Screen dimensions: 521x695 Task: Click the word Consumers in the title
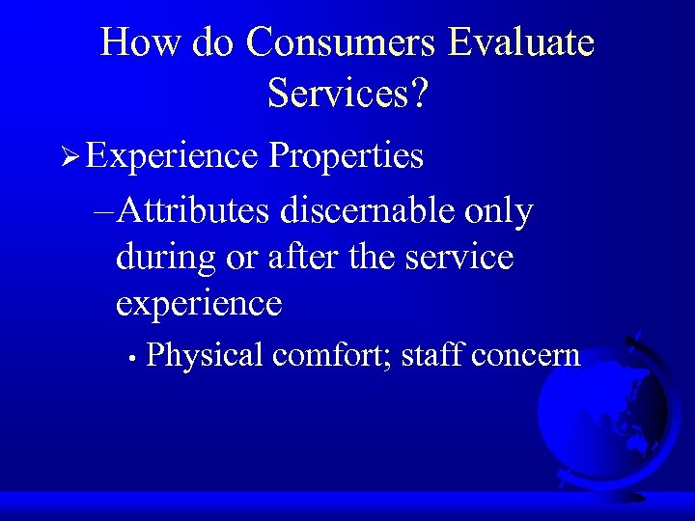click(x=342, y=42)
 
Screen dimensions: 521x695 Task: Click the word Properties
click(x=347, y=156)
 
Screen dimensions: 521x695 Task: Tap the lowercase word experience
click(x=199, y=305)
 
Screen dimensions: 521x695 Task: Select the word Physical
click(x=205, y=356)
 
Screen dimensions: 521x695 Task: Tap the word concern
click(x=527, y=356)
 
